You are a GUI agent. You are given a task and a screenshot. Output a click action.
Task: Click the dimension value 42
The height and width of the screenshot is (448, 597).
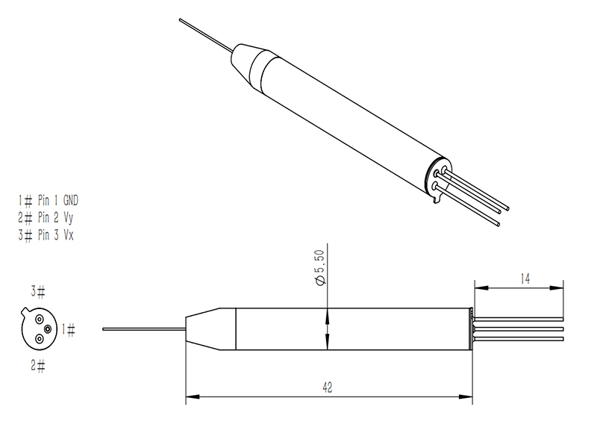(x=328, y=387)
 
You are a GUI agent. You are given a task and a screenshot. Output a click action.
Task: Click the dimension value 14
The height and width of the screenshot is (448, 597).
(x=525, y=279)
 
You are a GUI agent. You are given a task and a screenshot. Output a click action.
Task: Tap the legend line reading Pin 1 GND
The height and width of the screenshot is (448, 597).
(x=48, y=200)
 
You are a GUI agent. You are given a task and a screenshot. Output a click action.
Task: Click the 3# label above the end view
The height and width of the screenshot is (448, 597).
(x=38, y=290)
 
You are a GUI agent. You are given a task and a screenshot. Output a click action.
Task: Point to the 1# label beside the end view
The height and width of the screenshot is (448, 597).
(x=68, y=329)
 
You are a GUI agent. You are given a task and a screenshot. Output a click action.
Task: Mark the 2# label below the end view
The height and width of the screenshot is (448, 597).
(x=38, y=366)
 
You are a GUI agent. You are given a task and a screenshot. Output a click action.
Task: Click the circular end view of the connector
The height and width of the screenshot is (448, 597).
(x=37, y=329)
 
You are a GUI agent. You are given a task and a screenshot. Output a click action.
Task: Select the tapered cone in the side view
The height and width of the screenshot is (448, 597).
(x=210, y=329)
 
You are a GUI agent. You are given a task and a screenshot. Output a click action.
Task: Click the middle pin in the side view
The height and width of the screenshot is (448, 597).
(x=519, y=329)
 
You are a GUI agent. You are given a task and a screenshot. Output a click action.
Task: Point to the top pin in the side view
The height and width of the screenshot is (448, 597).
(x=519, y=317)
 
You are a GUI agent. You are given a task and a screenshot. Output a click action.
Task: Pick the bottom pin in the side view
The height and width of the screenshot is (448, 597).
(x=519, y=340)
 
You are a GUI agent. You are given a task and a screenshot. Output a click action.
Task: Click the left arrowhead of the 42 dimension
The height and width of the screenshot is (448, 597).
(x=189, y=397)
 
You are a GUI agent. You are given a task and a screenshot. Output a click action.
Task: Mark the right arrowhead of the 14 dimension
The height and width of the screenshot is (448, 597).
(x=560, y=287)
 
